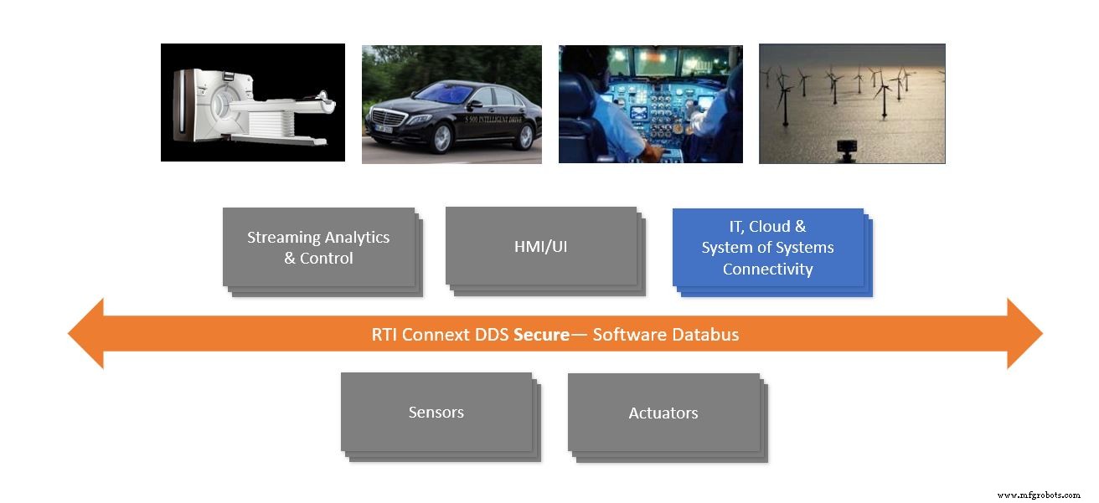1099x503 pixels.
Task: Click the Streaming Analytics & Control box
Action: tap(318, 248)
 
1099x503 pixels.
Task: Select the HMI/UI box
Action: tap(541, 247)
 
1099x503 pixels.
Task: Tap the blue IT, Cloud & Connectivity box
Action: tap(767, 248)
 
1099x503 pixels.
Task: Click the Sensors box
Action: tap(436, 412)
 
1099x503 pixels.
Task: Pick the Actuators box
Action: tap(663, 413)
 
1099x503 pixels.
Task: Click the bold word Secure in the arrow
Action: tap(541, 335)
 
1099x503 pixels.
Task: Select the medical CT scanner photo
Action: tap(252, 102)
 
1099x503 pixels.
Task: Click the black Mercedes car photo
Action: tap(451, 105)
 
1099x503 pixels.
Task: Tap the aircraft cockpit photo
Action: tap(650, 104)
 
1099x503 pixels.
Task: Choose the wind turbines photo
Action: tap(852, 104)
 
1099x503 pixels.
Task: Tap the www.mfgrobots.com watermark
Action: tap(1039, 495)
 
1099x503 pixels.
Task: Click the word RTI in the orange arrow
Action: tap(384, 335)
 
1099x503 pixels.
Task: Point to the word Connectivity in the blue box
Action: tap(767, 269)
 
